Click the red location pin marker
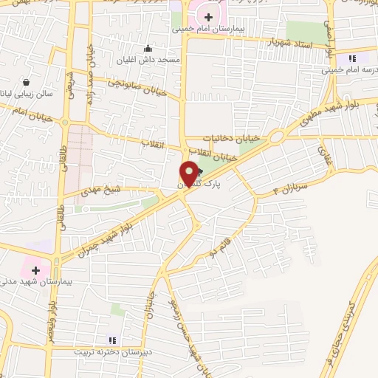(189, 174)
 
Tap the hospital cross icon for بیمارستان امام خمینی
(209, 17)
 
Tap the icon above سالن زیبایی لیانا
(27, 82)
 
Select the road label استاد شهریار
(292, 44)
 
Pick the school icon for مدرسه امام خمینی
(351, 58)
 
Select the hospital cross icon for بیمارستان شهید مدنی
(35, 270)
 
